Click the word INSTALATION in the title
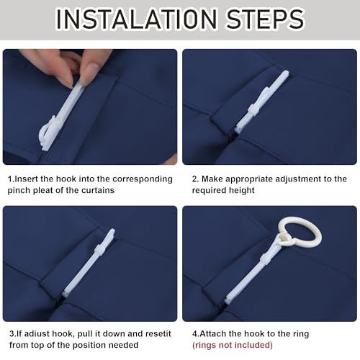point(136,19)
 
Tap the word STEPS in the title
point(266,19)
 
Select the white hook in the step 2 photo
point(261,102)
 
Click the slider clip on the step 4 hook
point(264,260)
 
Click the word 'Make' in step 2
point(212,179)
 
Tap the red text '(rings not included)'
point(233,345)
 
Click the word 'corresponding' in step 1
point(143,179)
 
